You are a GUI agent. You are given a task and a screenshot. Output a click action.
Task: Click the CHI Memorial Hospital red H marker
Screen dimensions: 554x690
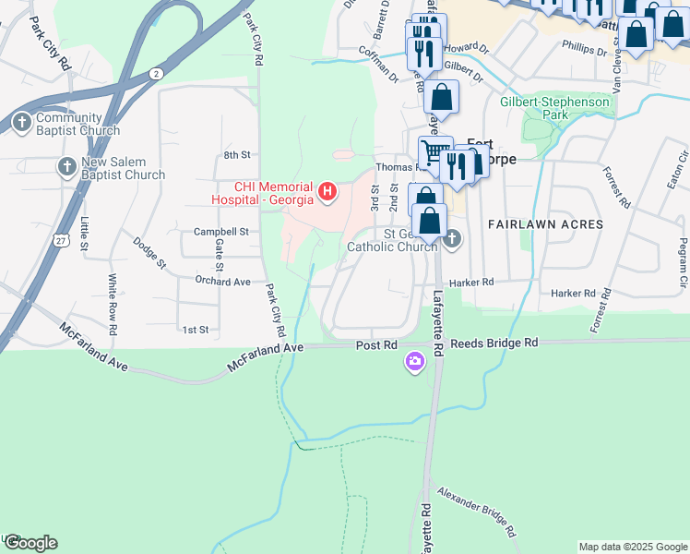(327, 192)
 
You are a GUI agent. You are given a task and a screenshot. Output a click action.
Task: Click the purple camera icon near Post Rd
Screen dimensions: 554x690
(415, 361)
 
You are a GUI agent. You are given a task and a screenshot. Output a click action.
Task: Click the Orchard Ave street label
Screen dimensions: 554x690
(222, 281)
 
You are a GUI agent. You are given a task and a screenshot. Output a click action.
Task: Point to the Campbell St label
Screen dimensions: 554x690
(221, 232)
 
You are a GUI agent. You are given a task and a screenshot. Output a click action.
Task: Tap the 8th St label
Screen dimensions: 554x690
(237, 154)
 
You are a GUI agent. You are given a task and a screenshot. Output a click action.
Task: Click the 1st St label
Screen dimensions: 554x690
(196, 329)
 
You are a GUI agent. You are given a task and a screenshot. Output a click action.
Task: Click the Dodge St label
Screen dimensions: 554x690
(149, 252)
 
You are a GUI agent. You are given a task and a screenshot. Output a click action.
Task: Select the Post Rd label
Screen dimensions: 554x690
(376, 344)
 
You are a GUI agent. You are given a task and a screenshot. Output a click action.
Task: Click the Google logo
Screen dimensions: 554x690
(30, 543)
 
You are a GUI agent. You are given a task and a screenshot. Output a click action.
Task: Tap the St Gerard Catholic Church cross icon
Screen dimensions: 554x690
(451, 239)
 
